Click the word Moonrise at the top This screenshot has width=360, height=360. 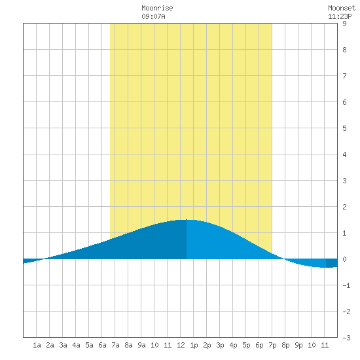point(157,8)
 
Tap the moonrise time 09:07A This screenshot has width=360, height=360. point(153,16)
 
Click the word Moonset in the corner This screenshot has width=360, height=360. point(342,8)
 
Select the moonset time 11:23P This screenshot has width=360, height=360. point(340,16)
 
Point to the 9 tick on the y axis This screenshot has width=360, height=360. point(344,24)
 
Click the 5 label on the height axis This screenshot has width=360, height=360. point(344,128)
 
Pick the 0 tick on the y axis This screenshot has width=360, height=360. point(344,259)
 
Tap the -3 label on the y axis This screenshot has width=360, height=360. point(347,338)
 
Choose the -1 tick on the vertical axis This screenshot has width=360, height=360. point(347,285)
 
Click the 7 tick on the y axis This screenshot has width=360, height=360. point(344,76)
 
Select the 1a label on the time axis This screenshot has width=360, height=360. point(37,345)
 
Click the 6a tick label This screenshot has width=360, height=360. point(102,345)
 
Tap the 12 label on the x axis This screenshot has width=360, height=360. point(181,345)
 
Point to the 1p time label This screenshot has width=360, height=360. point(194,345)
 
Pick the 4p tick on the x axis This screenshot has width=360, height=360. point(233,345)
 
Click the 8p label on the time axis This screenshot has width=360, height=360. point(285,345)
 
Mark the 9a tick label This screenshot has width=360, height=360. point(141,345)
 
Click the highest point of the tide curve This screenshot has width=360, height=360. point(187,220)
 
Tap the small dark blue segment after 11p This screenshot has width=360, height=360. point(332,263)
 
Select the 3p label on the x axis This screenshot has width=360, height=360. point(220,345)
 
